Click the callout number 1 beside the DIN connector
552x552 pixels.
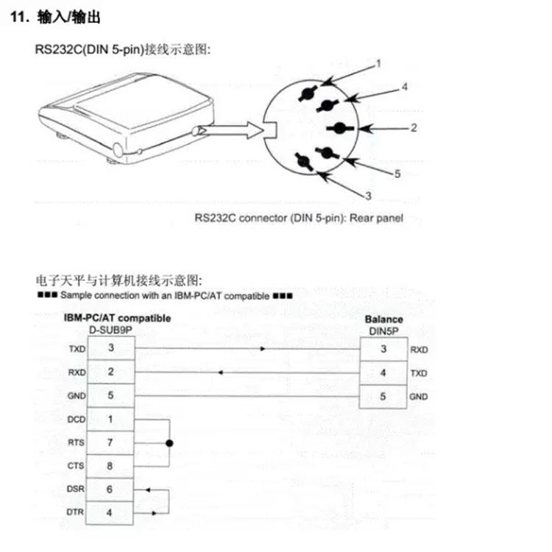coord(379,63)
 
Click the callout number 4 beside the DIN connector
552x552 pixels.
coord(405,87)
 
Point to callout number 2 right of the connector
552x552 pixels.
coord(414,128)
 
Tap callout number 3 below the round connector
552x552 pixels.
coord(369,195)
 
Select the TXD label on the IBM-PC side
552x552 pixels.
coord(76,349)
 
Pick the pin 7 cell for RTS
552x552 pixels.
coord(110,442)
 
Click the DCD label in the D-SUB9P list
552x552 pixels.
coord(76,420)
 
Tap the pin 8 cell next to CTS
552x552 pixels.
coord(110,466)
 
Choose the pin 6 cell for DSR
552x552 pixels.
coord(110,489)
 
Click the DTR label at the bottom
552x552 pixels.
coord(76,512)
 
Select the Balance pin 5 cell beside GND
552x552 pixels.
coord(383,396)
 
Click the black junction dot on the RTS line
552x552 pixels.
coord(169,443)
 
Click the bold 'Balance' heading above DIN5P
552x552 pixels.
coord(383,319)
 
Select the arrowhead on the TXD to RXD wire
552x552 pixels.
coord(263,349)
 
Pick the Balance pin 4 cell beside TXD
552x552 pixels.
coord(383,372)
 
